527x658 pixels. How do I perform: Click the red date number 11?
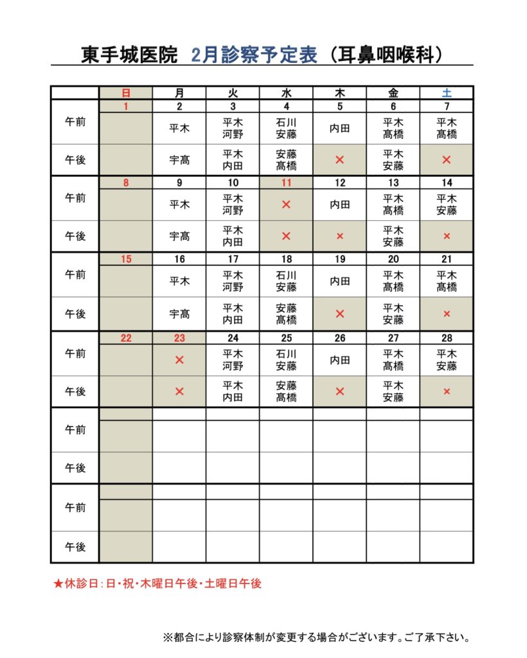[x=286, y=182]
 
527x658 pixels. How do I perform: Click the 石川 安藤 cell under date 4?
[x=286, y=128]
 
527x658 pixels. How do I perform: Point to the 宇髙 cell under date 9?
[x=179, y=236]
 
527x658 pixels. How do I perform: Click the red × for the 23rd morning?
[x=179, y=360]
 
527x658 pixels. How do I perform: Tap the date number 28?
[x=447, y=338]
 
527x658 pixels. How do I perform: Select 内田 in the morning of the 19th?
[x=340, y=281]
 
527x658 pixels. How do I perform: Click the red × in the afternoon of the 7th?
[x=447, y=159]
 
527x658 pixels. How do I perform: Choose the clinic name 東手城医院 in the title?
[x=129, y=55]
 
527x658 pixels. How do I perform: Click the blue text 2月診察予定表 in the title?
[x=255, y=55]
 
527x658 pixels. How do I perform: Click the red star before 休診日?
[x=58, y=584]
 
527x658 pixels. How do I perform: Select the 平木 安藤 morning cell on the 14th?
[x=447, y=205]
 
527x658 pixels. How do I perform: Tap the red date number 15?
[x=126, y=260]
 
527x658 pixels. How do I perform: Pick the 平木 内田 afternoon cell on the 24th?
[x=233, y=391]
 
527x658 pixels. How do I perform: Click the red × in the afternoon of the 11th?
[x=286, y=236]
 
